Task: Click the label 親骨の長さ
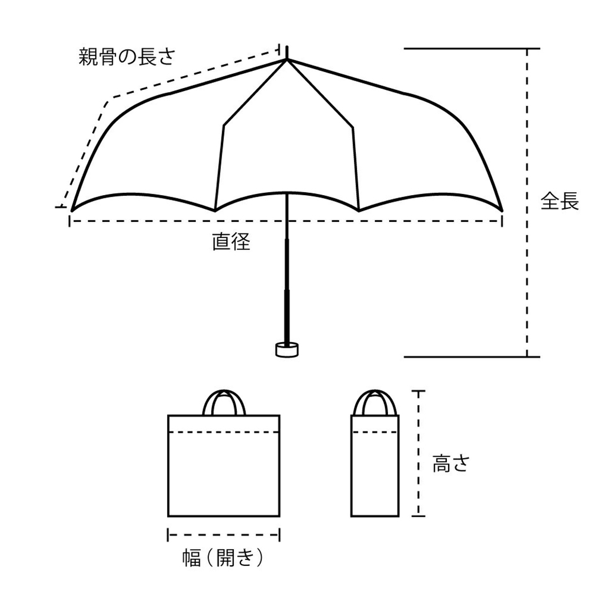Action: (126, 57)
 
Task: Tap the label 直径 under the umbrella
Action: (231, 242)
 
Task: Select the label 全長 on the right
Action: (560, 201)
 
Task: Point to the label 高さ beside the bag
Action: (450, 463)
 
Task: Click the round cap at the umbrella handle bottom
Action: (287, 349)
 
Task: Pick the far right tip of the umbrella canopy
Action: (501, 209)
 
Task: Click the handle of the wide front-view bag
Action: (224, 401)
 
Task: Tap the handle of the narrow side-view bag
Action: (375, 401)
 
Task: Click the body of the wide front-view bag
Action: (224, 475)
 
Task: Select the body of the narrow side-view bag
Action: (375, 475)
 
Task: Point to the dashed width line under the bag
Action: (224, 535)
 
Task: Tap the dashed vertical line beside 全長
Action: (527, 203)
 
